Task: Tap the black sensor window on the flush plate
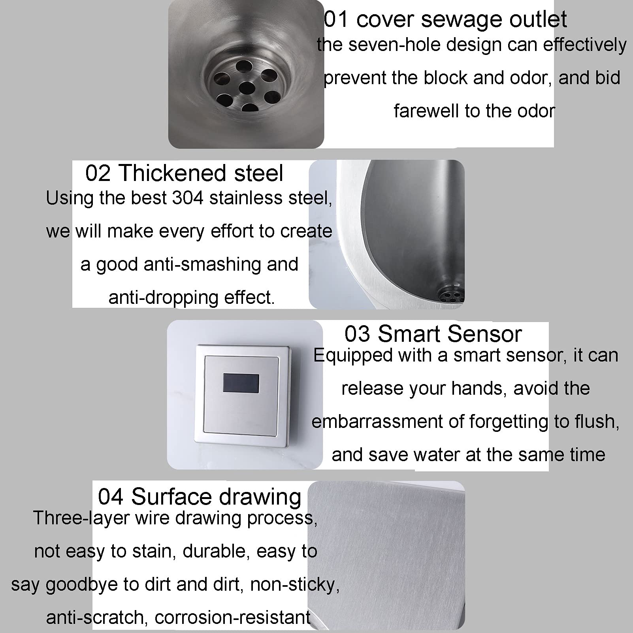point(241,383)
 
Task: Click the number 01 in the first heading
point(336,19)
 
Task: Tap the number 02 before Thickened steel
point(98,173)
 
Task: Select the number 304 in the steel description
point(188,198)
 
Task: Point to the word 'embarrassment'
point(377,422)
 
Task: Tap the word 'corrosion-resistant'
point(232,618)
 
